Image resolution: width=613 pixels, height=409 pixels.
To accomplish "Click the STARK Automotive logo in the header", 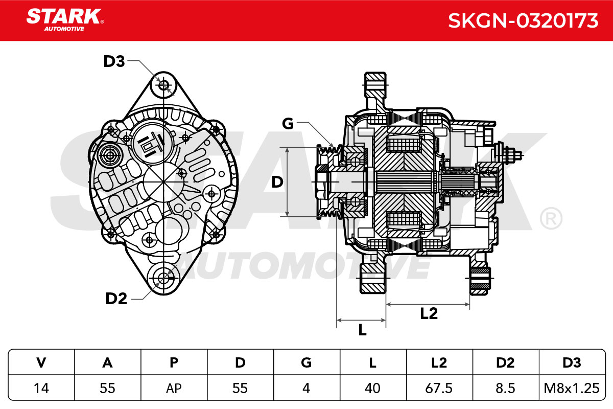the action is point(65,20).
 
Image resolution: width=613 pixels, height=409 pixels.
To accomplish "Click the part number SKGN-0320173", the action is point(523,20).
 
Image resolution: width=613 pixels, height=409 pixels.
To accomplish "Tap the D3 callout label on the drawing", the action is point(114,61).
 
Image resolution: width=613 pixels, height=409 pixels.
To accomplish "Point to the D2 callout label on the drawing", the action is point(116,299).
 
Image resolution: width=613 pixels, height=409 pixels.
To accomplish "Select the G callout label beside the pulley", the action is point(288,124).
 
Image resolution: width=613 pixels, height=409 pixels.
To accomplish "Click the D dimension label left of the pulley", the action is point(277,182).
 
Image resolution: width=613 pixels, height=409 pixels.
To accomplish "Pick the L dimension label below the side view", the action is point(362,330).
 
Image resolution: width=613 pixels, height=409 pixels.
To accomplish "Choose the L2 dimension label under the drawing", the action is point(429,313).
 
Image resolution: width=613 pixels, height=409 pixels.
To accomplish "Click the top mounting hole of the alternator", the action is point(163,85).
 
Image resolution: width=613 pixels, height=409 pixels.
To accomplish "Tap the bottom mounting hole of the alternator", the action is point(163,278).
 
